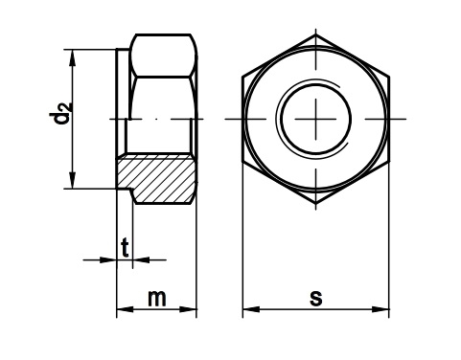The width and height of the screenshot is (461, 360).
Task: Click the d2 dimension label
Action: click(x=59, y=113)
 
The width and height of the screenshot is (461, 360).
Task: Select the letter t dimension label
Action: click(x=125, y=247)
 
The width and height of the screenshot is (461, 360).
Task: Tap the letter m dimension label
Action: click(x=157, y=299)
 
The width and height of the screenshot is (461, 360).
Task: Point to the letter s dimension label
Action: click(x=316, y=299)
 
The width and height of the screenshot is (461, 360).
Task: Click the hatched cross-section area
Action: click(x=156, y=179)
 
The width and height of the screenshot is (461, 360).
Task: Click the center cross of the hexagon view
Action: click(x=316, y=119)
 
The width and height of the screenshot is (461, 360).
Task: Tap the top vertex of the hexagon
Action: click(x=316, y=34)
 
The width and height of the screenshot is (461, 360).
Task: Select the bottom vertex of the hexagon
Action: click(x=316, y=204)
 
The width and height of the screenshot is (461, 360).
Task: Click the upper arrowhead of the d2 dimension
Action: click(x=73, y=57)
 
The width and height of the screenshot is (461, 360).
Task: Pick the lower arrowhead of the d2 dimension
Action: click(x=73, y=180)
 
